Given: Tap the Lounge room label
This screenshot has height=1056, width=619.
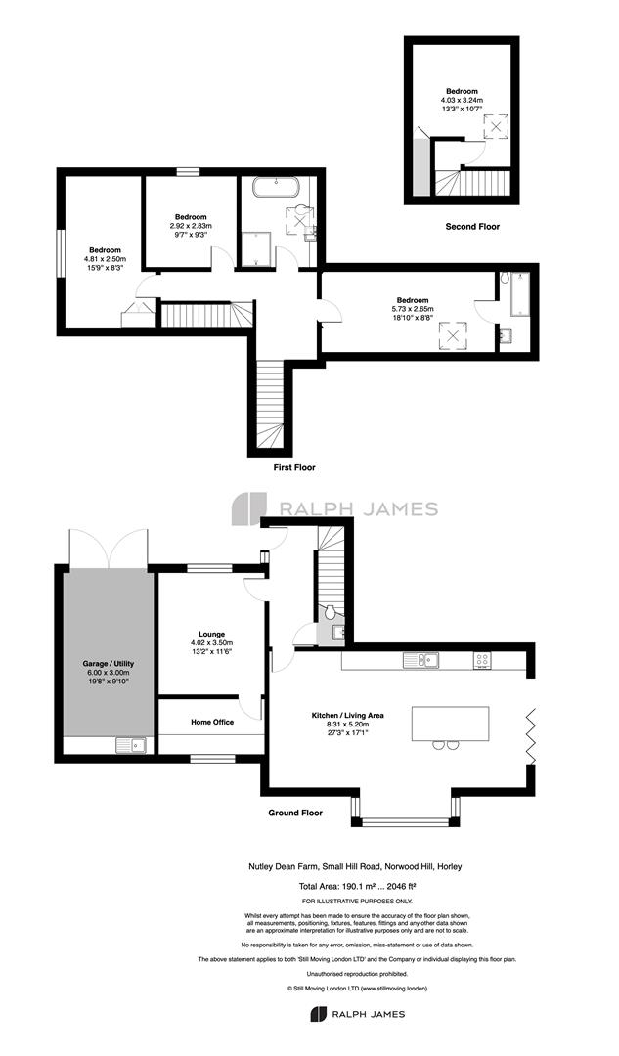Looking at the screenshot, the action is [211, 634].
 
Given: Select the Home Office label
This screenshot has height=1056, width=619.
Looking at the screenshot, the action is [212, 722].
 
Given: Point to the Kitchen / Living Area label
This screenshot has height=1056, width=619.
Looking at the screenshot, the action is [347, 715].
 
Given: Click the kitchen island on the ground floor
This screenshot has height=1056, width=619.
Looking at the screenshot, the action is [451, 724].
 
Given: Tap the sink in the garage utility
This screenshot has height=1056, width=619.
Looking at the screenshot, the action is [131, 745].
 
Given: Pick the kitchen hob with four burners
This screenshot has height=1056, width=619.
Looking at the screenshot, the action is [482, 660].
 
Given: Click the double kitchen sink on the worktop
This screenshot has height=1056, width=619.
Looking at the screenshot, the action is [420, 660].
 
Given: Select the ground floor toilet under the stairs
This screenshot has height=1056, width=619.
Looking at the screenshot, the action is [331, 613].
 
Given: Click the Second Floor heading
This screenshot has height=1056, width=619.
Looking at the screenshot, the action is [473, 227].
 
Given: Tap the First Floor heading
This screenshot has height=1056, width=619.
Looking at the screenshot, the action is [293, 467].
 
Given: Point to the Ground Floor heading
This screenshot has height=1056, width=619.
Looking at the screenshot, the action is [295, 813].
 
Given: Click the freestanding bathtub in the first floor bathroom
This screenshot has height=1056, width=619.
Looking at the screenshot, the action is [276, 187].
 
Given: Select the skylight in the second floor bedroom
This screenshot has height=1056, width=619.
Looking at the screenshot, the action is [496, 126].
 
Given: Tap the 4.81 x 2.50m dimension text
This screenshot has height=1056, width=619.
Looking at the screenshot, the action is [105, 258].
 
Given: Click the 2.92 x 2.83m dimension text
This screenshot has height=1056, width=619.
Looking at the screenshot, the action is [191, 226].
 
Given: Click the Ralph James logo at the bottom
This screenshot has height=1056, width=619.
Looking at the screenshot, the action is [357, 1014].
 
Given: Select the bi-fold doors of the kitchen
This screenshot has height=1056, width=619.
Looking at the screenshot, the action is [530, 734].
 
